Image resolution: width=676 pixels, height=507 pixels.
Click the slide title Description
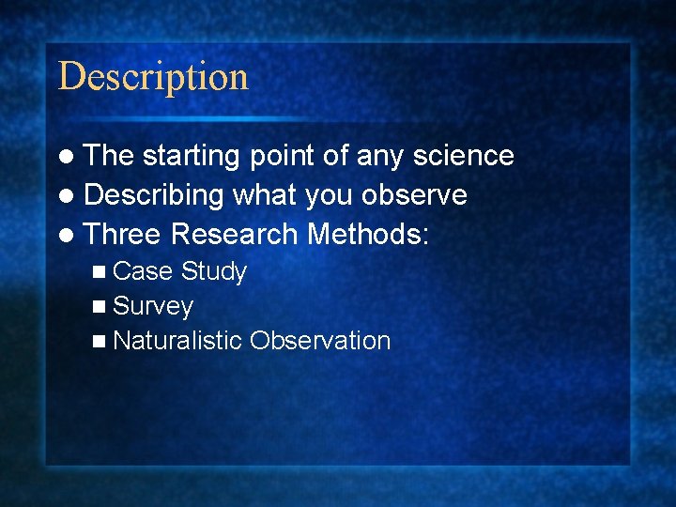click(x=153, y=76)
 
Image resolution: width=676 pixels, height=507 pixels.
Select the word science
click(x=464, y=156)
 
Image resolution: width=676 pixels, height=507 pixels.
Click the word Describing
click(x=154, y=195)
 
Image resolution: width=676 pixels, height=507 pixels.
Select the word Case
click(x=142, y=272)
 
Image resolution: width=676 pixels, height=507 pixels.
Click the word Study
click(x=214, y=272)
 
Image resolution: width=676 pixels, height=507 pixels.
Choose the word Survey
click(x=153, y=307)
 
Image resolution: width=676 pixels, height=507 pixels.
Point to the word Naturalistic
click(x=177, y=341)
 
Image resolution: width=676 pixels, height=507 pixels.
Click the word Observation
click(x=320, y=341)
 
